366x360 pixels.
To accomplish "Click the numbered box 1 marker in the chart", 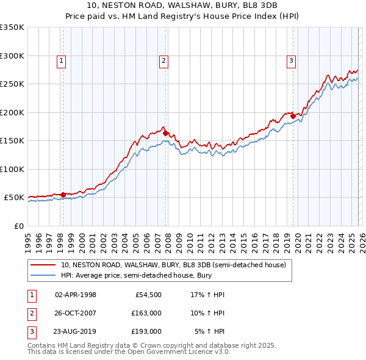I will tap(62, 60).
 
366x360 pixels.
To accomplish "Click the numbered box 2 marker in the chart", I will tap(164, 60).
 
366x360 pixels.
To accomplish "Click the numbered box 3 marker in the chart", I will tap(292, 60).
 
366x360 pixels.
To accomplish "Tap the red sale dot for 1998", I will tap(63, 195).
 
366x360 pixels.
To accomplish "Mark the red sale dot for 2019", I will tap(293, 115).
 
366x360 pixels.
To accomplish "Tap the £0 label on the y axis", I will tap(18, 226).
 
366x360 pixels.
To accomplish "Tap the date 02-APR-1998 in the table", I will tap(76, 295).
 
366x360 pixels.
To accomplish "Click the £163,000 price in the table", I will tap(146, 313).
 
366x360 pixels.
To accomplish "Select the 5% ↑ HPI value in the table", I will tap(210, 331).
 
